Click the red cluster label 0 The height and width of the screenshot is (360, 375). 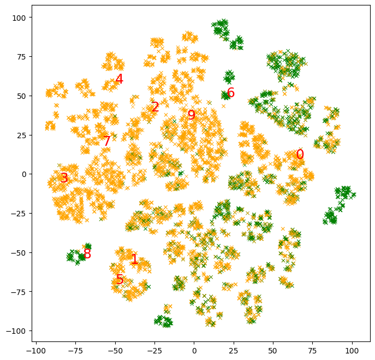tap(300, 155)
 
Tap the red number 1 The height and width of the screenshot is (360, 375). tap(134, 259)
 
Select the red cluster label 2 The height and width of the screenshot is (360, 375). tap(156, 107)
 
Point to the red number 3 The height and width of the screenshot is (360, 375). tap(64, 178)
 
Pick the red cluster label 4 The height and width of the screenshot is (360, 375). tap(119, 79)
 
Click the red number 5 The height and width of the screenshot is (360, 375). tap(120, 280)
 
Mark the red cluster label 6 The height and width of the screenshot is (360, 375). tap(231, 93)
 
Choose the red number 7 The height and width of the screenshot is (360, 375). tap(107, 141)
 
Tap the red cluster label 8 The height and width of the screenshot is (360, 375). tap(87, 254)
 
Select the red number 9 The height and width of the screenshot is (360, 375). tap(191, 115)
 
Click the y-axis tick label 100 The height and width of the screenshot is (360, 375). tap(20, 17)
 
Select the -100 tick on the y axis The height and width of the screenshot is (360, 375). tap(17, 331)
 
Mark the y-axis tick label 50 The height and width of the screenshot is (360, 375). tap(22, 96)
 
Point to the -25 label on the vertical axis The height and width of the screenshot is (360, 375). tap(20, 214)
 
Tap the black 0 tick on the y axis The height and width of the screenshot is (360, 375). tap(24, 174)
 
